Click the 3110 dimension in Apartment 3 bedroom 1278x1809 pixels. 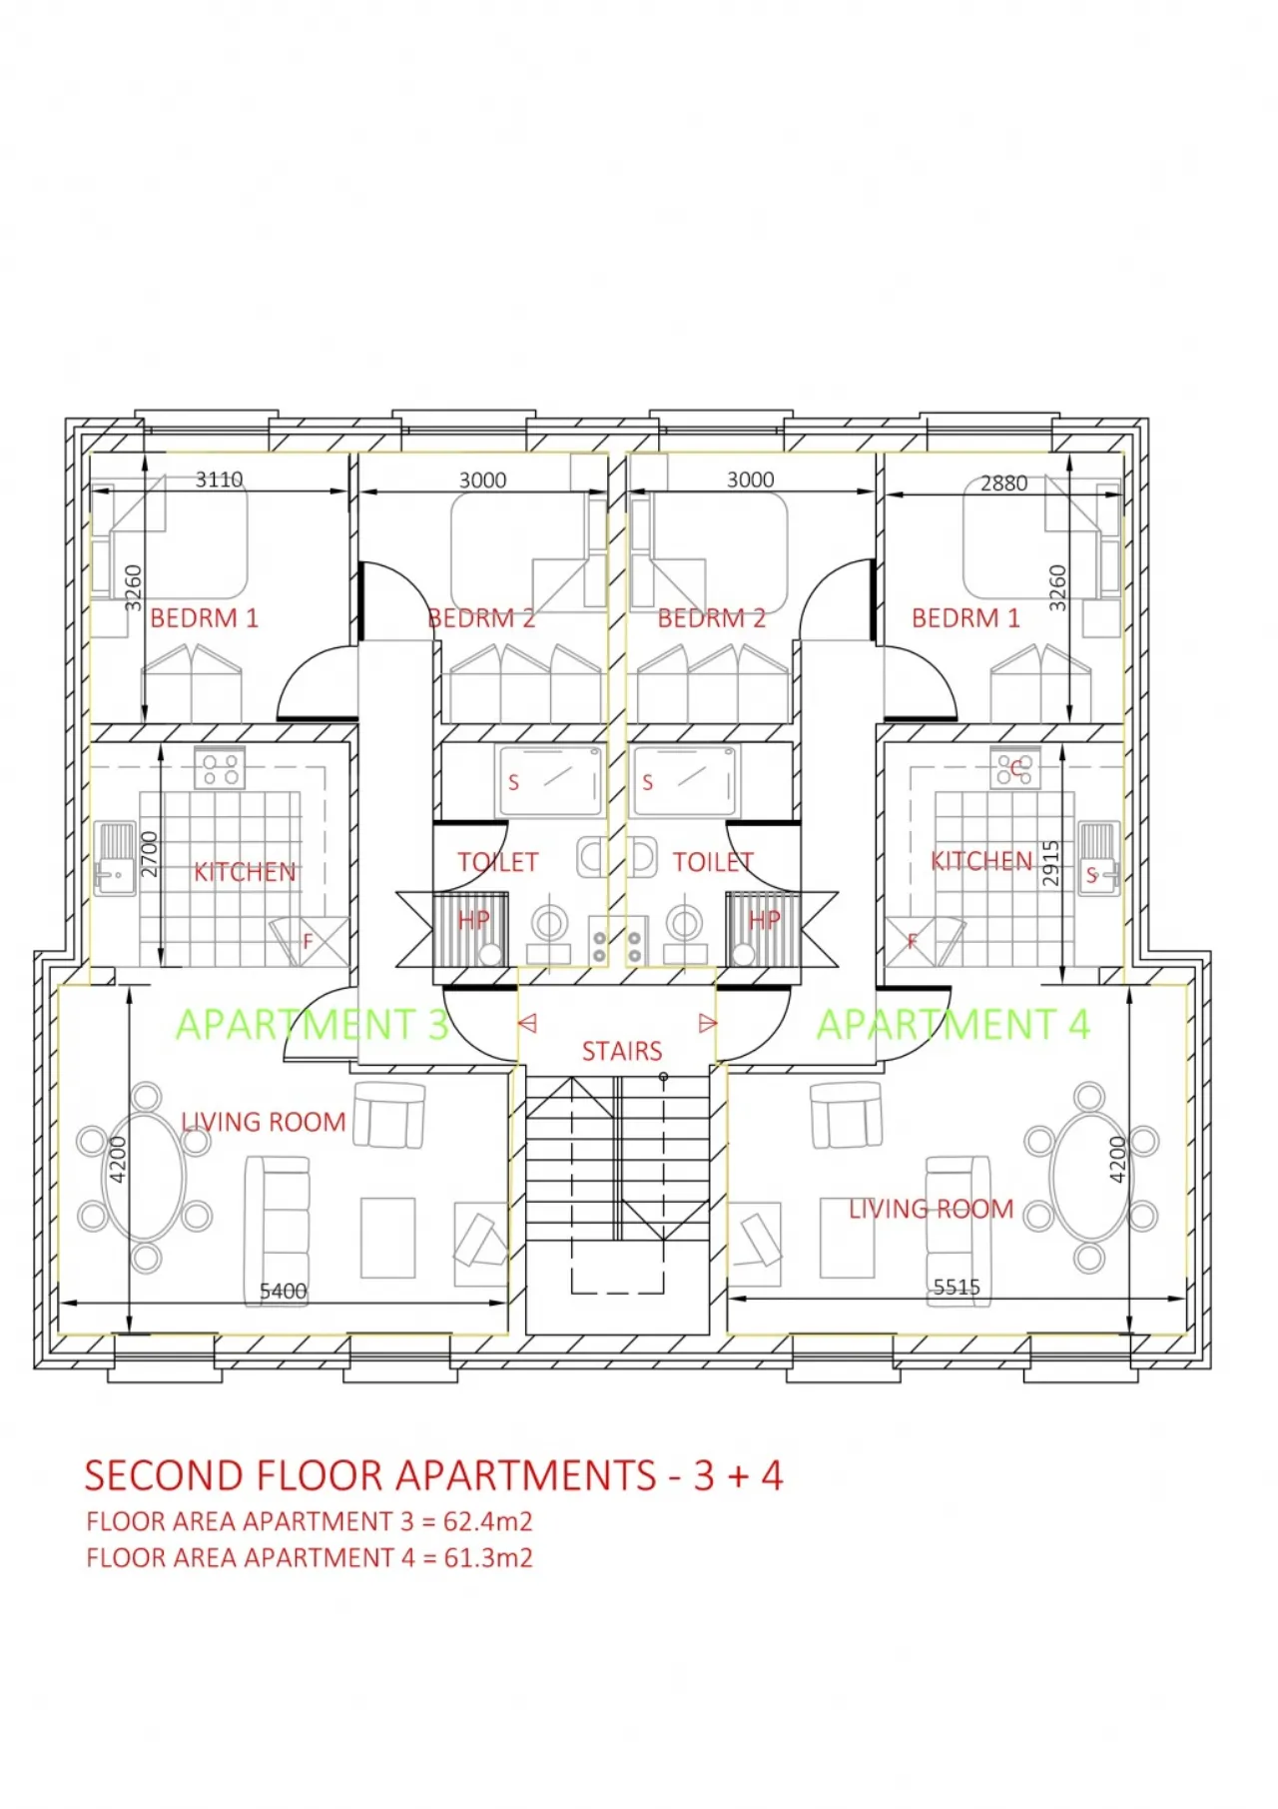point(219,479)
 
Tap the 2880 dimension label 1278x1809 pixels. point(1003,483)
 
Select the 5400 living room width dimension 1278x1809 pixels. point(283,1291)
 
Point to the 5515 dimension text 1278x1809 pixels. point(957,1287)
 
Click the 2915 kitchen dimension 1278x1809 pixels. point(1050,863)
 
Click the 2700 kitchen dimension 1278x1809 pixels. point(150,854)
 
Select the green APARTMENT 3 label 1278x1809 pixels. point(312,1025)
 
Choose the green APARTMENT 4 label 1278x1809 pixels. point(953,1025)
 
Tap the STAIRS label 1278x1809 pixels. point(622,1051)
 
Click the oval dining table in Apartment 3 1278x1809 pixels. point(146,1177)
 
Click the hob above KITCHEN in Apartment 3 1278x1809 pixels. point(220,768)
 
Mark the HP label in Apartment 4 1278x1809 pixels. point(764,920)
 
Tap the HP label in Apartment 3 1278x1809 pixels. point(473,920)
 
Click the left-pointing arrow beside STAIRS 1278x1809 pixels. point(528,1023)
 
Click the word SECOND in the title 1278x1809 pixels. point(164,1475)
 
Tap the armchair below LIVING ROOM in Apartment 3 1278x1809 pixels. point(389,1115)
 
